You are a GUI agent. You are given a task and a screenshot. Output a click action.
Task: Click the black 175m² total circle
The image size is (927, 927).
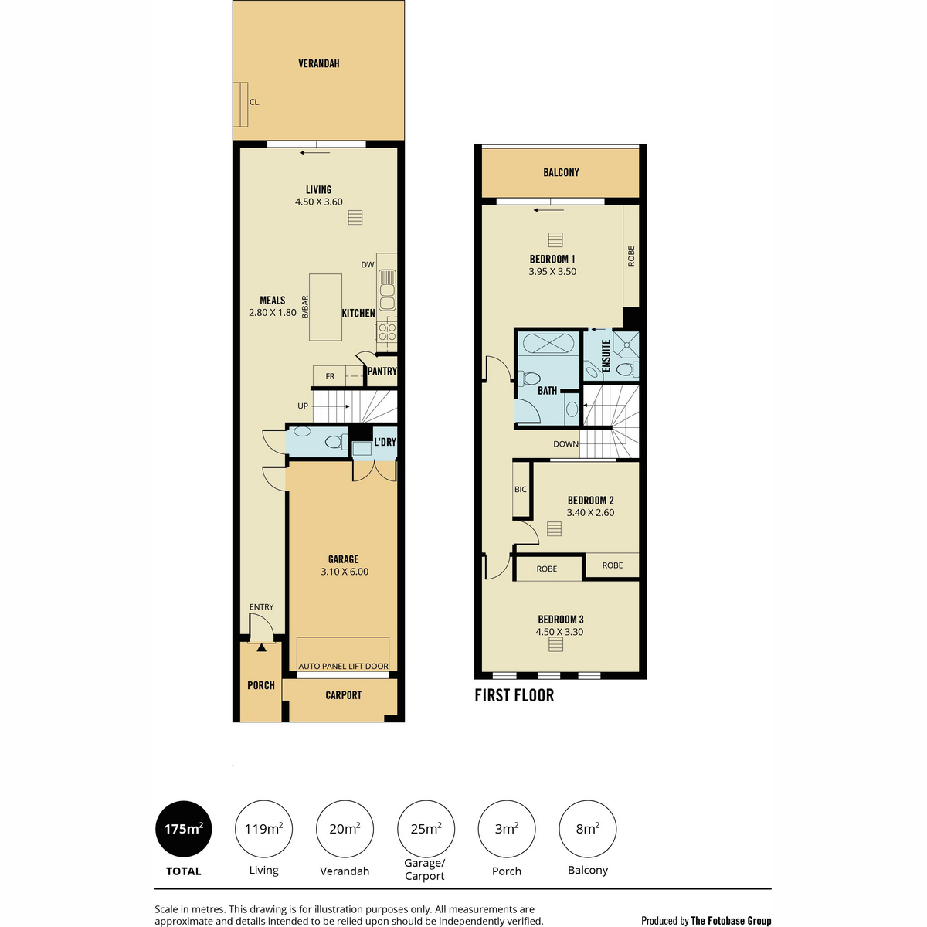point(183,829)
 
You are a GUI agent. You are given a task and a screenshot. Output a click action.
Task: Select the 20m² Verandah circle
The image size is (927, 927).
point(345,829)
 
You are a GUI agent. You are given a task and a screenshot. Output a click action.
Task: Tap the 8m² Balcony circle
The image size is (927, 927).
point(587,829)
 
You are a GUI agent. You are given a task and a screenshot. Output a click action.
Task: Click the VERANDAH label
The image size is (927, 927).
point(318,63)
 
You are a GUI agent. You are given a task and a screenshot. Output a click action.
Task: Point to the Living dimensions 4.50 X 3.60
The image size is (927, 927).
point(318,202)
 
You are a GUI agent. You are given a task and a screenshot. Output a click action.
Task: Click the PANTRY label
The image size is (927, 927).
point(382,372)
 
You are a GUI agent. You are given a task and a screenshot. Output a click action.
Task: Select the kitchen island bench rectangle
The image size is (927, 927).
point(325,307)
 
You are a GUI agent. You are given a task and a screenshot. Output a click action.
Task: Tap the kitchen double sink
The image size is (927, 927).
point(387,290)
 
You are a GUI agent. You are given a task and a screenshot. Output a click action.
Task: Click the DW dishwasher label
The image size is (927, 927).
point(368,265)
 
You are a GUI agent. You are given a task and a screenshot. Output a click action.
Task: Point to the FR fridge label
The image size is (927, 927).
point(330,376)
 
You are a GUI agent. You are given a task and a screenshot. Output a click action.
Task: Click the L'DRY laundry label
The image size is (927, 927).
point(385,442)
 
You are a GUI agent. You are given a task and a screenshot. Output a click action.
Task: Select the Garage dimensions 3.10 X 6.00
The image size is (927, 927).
point(345,572)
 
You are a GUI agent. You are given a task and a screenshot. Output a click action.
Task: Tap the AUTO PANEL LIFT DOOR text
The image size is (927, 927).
point(343,666)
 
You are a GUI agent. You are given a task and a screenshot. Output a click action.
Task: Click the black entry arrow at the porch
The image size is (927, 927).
point(261,647)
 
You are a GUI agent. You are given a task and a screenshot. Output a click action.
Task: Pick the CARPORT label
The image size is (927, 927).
point(343,695)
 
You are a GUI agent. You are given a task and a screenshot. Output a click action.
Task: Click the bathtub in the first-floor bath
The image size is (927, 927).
point(548,344)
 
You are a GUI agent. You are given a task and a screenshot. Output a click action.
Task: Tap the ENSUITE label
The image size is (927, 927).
point(606,356)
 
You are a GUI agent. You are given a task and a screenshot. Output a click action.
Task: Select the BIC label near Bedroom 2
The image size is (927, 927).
point(521,489)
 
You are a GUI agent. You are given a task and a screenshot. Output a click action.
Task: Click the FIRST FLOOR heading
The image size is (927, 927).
point(514,695)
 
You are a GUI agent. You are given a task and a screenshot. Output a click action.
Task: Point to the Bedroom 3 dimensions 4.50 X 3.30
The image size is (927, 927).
point(559,632)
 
